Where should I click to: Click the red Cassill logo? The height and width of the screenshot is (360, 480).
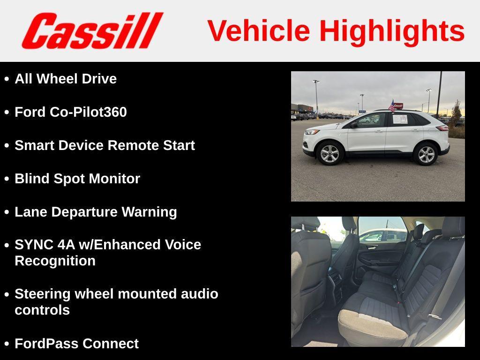(x=92, y=30)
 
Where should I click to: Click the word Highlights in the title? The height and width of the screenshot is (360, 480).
(x=392, y=31)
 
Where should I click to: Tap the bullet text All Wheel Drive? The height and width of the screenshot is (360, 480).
(x=66, y=79)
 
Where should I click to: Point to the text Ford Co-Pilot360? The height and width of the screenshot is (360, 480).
(x=71, y=112)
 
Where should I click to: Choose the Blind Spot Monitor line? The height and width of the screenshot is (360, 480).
(x=77, y=179)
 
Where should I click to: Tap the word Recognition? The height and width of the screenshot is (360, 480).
(x=55, y=261)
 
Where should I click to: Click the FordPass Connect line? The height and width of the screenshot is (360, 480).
(x=76, y=344)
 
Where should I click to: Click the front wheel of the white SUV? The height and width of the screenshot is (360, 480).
(x=330, y=153)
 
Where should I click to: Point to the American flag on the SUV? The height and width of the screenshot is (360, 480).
(x=391, y=106)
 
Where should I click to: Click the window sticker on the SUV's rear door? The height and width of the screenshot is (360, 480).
(x=400, y=119)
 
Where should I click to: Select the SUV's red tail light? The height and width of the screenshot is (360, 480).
(x=442, y=127)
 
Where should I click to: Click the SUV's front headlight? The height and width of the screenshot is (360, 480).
(x=312, y=132)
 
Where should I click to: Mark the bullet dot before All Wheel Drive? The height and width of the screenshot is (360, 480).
(x=7, y=79)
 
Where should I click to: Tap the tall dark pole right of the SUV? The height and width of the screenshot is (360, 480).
(x=439, y=94)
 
